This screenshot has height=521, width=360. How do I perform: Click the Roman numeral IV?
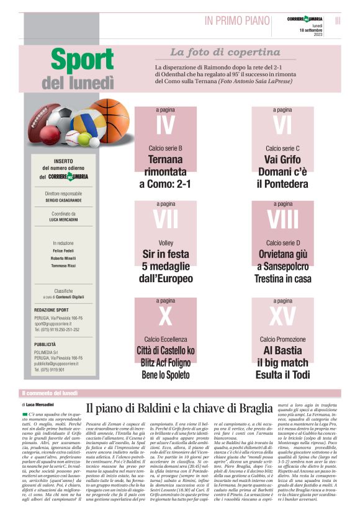coord(166,125)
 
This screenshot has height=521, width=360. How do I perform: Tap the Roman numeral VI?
coord(282,125)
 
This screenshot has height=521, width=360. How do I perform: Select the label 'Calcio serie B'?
coord(166,149)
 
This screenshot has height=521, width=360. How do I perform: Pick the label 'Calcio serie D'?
coord(282,243)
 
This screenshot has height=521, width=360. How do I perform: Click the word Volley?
coord(166,243)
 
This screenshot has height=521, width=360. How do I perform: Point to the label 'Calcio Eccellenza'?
coord(166,339)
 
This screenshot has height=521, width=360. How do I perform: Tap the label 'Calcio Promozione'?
coord(282,339)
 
